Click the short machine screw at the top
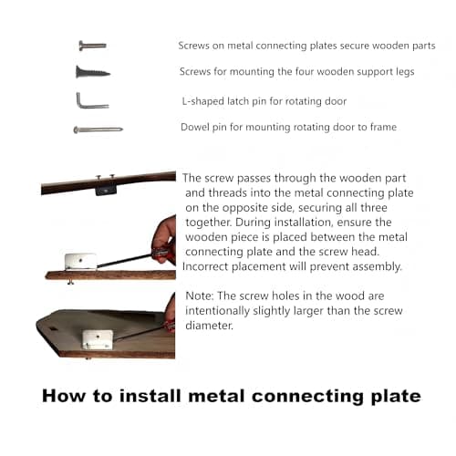(x=92, y=46)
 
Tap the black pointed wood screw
(x=93, y=72)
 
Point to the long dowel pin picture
(x=98, y=130)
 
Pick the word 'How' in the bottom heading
(x=65, y=396)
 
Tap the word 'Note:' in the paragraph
(x=200, y=295)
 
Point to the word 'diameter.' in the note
(x=209, y=326)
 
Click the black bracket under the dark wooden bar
(x=106, y=191)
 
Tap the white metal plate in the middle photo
(x=80, y=262)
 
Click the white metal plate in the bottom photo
(x=98, y=339)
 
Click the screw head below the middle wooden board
(x=70, y=282)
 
